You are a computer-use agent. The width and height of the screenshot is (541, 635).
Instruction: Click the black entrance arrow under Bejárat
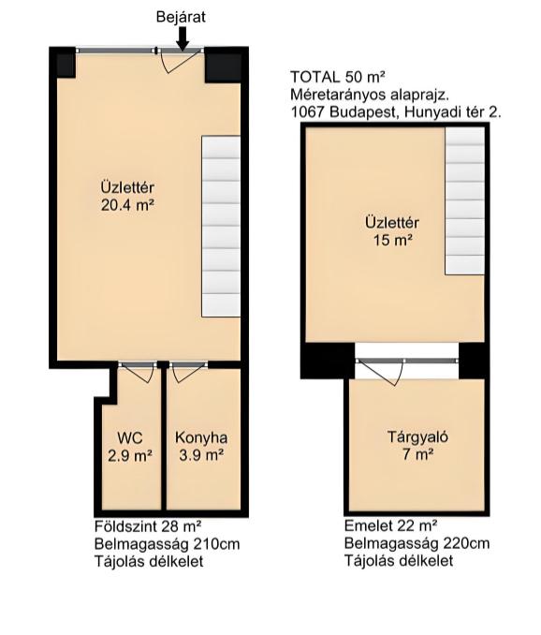click(x=183, y=38)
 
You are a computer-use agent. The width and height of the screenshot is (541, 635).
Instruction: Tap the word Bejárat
click(x=181, y=17)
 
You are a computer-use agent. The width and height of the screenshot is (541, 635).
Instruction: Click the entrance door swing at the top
click(x=180, y=62)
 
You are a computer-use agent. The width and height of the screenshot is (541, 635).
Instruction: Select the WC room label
click(x=129, y=437)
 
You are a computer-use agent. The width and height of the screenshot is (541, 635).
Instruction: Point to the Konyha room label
click(x=201, y=437)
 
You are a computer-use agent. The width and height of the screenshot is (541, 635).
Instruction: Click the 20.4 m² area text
click(x=128, y=205)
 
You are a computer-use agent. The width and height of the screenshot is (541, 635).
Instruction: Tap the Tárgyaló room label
click(x=418, y=437)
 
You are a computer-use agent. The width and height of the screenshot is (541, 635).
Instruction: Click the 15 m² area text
click(x=392, y=240)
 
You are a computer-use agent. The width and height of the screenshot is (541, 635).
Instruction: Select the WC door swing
click(x=139, y=372)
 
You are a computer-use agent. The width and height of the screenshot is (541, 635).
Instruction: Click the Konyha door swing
click(x=188, y=373)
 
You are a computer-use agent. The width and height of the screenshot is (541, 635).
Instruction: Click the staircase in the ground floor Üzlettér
click(x=221, y=226)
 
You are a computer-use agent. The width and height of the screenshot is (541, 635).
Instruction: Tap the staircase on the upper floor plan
click(x=465, y=200)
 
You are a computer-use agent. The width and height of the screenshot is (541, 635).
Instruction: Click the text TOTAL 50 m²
click(x=338, y=76)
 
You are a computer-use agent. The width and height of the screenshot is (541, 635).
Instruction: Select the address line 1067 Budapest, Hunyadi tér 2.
click(x=396, y=112)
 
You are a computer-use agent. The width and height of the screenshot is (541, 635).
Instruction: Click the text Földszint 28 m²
click(x=148, y=526)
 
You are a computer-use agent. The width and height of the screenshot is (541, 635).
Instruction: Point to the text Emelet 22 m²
click(x=391, y=525)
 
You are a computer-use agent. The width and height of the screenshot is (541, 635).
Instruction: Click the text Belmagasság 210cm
click(x=168, y=544)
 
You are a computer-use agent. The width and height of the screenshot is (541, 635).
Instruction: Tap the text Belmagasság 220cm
click(x=417, y=543)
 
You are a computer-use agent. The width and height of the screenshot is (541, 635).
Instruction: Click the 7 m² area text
click(x=418, y=455)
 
